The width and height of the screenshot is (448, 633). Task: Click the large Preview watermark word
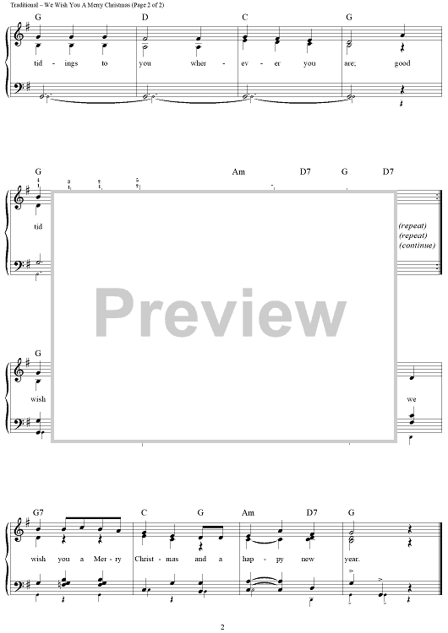(221, 313)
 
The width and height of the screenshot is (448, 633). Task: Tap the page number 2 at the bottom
(222, 626)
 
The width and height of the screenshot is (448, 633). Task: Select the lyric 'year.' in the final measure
(352, 560)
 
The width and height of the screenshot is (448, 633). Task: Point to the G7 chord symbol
(38, 512)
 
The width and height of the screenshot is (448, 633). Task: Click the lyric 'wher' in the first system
(198, 63)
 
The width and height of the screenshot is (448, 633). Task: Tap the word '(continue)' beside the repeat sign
(417, 246)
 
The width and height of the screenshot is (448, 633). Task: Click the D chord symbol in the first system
(145, 17)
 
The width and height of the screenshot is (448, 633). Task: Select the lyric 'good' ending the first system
(402, 63)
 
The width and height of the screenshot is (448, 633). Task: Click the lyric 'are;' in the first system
(350, 64)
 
